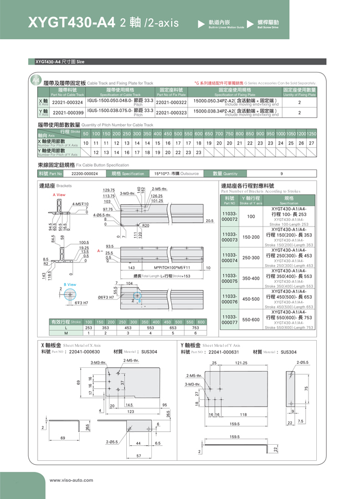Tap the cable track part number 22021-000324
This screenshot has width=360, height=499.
(67, 102)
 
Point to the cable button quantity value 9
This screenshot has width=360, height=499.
(281, 173)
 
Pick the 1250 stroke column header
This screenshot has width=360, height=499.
(311, 134)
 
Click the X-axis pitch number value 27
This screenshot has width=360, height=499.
(311, 143)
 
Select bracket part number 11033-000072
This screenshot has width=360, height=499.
(229, 217)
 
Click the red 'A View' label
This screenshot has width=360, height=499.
(59, 195)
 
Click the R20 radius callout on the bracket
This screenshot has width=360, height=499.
(145, 225)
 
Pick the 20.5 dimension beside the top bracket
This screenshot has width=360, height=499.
(209, 220)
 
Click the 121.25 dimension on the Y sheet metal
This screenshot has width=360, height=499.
(241, 363)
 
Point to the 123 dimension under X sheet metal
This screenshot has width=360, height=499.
(131, 411)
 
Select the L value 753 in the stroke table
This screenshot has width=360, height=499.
(195, 328)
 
